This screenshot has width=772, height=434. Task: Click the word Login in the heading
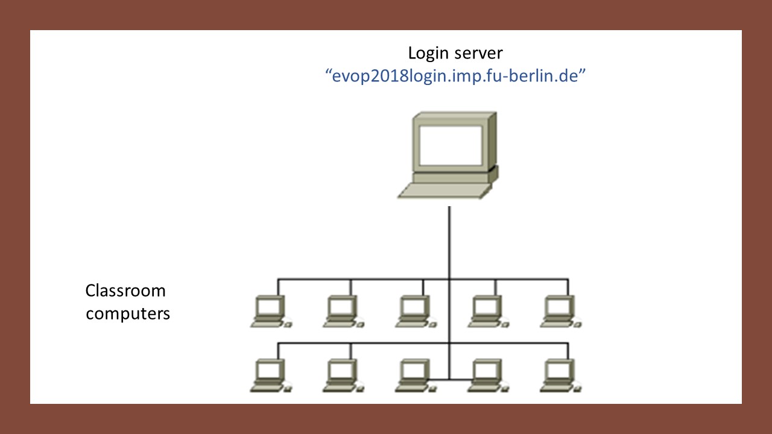coord(428,54)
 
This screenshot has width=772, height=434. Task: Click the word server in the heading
coord(479,54)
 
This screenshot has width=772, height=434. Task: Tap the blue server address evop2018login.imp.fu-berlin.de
coord(455,76)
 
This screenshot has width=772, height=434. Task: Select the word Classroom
coord(125,291)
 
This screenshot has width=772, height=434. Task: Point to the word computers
coord(128,314)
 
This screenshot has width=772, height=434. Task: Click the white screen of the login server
coord(451,146)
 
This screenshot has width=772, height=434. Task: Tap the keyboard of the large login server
coord(445,191)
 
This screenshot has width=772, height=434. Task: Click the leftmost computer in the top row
coord(271,312)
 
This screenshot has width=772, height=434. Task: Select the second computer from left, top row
coord(343,312)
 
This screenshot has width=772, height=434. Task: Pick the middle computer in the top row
coord(416,312)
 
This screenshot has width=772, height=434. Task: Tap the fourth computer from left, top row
coord(489,312)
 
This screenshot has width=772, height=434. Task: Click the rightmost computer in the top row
coord(561,312)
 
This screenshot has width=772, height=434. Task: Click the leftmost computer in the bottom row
coord(271,376)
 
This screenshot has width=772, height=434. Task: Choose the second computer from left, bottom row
coord(343,376)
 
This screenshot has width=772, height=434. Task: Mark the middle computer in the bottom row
coord(416,376)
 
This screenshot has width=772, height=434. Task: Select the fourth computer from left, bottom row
coord(489,376)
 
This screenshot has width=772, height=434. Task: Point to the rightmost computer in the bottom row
coord(561,376)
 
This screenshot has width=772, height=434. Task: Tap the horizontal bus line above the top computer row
coord(423,279)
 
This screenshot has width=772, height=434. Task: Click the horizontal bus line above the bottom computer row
coord(423,343)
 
